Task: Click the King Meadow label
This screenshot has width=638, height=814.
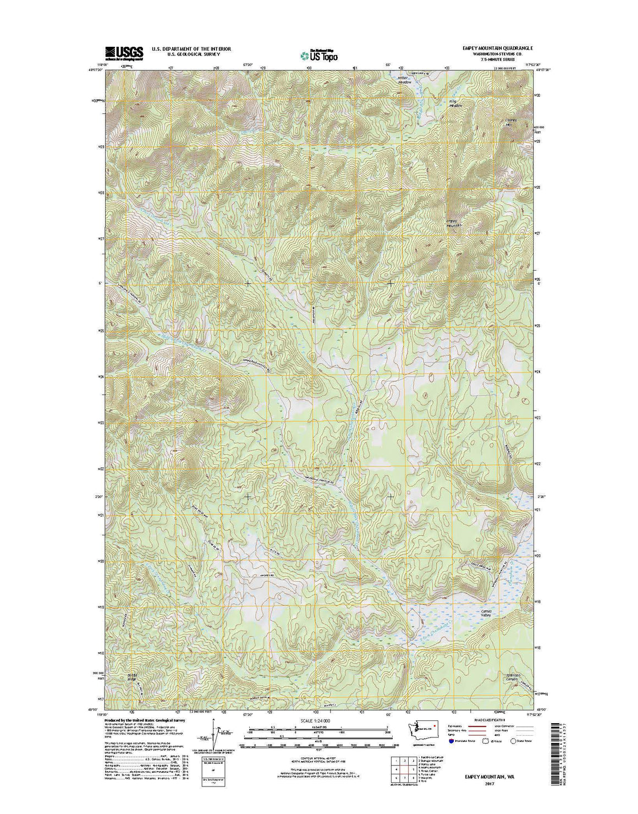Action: tap(455, 103)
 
